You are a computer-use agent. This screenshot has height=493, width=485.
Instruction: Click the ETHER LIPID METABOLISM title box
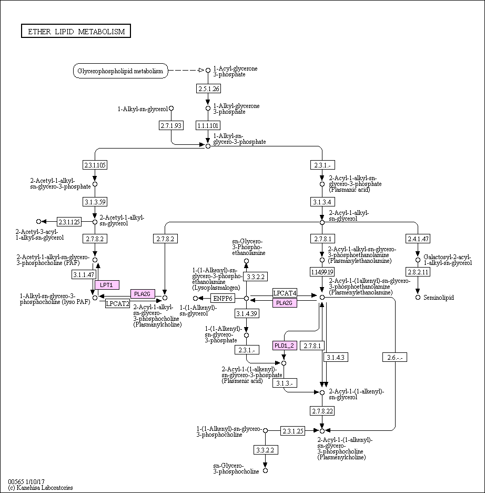coord(76,31)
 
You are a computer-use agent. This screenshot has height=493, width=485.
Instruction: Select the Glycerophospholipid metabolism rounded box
coord(120,71)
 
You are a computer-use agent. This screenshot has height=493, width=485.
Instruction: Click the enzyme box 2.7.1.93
coord(171,125)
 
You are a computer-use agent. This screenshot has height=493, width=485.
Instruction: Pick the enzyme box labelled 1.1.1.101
coord(208,125)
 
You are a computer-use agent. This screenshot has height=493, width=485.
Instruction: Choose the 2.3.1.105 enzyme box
coord(95,165)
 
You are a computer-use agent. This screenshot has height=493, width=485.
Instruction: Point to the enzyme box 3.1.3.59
coord(95,202)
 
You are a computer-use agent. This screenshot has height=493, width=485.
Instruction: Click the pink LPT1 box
coord(107,285)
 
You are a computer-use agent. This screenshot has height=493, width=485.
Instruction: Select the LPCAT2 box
coord(118,303)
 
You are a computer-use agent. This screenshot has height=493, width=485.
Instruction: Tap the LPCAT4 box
coord(285,293)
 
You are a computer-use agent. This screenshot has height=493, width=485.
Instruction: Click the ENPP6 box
coord(223,299)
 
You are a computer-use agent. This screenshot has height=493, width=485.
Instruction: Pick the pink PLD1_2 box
coord(285,346)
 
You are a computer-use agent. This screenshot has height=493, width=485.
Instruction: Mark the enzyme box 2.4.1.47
coord(418,239)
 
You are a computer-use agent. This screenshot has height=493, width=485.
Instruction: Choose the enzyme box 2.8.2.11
coord(418,272)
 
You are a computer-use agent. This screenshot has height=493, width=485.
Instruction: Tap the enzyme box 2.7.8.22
coord(322,410)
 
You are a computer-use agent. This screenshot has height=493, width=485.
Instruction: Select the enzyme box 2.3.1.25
coord(293,431)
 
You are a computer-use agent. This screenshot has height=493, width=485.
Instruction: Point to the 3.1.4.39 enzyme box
coord(246,314)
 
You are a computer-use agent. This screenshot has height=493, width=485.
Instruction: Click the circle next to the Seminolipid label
coord(418,298)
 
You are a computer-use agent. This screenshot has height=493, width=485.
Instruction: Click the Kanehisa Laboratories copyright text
coord(41,488)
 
